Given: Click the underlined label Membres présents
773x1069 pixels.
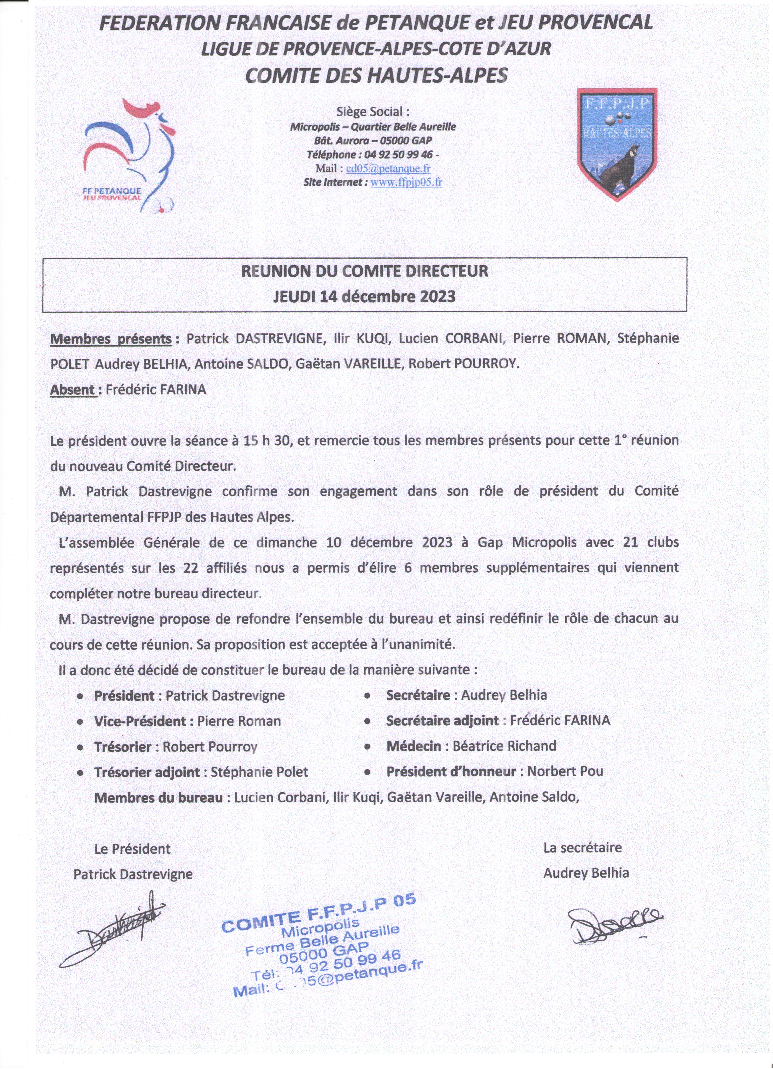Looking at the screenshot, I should [111, 339].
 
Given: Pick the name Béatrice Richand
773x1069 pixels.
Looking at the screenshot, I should [504, 746].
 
